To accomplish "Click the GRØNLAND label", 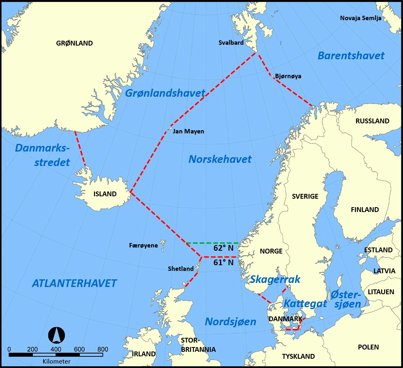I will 75,44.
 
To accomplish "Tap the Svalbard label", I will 231,42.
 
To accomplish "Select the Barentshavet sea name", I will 351,56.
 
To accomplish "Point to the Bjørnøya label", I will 288,76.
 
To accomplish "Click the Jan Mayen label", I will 188,131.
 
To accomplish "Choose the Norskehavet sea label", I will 220,159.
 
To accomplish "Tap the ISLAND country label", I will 105,194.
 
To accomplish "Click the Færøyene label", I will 143,245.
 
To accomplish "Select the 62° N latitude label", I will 224,248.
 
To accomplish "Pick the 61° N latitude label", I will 224,262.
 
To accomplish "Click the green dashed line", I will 212,243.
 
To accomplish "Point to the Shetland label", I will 181,269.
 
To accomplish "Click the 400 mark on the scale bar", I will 56,349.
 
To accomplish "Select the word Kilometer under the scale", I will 56,361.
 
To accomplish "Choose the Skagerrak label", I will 275,279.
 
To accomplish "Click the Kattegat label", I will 305,304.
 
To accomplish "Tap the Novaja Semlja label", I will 361,18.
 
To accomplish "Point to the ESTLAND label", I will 378,250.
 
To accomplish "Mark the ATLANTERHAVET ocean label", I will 74,283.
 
